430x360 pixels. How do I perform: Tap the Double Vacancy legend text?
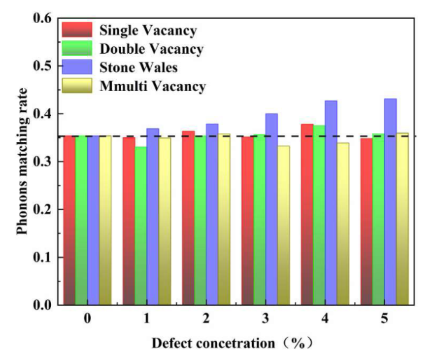[x=151, y=49]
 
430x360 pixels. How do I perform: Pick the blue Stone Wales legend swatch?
[x=76, y=68]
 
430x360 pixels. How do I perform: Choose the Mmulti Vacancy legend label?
[x=153, y=87]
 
